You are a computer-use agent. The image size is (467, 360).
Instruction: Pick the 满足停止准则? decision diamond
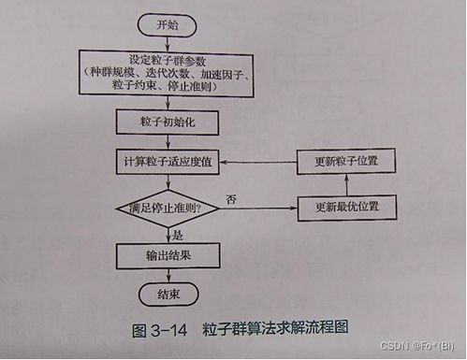[166, 206]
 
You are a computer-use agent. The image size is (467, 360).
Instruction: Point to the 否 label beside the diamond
[230, 197]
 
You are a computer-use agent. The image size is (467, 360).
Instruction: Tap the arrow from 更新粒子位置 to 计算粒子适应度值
[257, 161]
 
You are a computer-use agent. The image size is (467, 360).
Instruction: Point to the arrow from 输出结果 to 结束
[166, 277]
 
